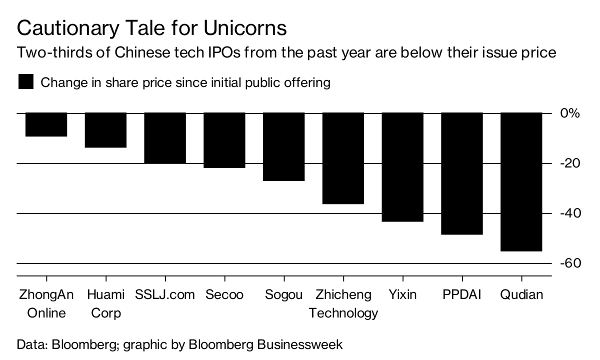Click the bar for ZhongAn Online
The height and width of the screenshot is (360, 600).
point(46,124)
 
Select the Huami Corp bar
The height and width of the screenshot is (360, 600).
point(105,130)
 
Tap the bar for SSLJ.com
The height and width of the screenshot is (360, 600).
point(165,138)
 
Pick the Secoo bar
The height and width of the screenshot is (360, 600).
point(224,140)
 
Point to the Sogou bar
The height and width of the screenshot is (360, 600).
point(284,147)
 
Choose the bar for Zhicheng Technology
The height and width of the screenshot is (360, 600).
point(343,158)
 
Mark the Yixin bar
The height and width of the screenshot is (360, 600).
point(402,167)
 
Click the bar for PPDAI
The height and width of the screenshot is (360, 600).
point(462,173)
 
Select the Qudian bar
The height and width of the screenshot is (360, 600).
point(521,182)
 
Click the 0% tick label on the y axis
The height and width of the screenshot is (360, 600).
point(569,113)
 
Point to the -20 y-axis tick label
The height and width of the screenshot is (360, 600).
point(569,163)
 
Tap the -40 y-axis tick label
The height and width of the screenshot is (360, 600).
point(569,213)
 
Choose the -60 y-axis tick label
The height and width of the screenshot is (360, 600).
point(569,263)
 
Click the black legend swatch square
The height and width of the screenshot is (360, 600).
point(25,82)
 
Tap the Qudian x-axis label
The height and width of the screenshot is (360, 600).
point(521,294)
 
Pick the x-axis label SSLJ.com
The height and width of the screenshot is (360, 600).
point(165,294)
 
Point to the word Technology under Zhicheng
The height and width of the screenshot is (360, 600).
point(343,313)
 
